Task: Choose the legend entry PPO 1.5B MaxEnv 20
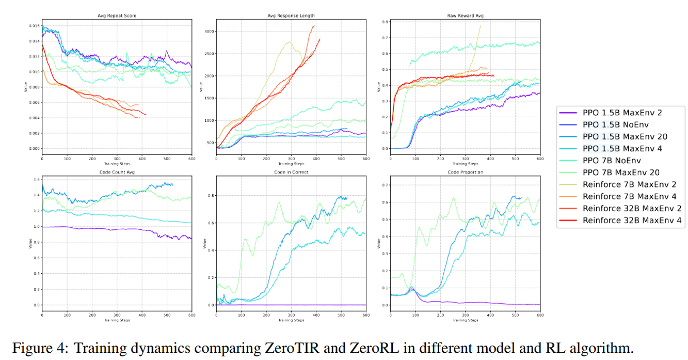(625, 136)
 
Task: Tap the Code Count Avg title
(117, 171)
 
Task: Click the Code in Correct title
(291, 171)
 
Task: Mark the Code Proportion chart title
(465, 171)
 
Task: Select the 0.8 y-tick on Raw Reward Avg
(383, 22)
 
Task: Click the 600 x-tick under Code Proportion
(540, 316)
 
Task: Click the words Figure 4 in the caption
(38, 348)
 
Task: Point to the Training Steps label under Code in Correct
(291, 320)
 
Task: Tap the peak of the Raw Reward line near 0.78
(481, 25)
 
